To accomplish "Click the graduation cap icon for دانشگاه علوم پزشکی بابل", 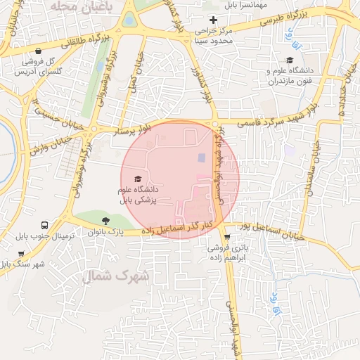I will point(137,179).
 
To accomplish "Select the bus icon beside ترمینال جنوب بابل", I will point(45,225).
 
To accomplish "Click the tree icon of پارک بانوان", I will point(105,221).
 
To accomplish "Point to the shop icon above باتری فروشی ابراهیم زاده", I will point(226,237).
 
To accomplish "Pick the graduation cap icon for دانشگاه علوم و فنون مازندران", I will point(290,60).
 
